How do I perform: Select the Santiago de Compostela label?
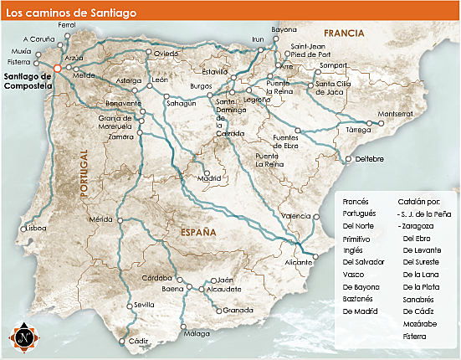tap(28, 82)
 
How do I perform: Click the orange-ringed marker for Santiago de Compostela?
tap(57, 70)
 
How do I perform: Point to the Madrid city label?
tap(209, 178)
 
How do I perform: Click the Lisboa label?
tap(36, 228)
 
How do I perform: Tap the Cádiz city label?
tap(139, 342)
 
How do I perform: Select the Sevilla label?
tap(144, 305)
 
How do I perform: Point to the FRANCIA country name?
tap(346, 33)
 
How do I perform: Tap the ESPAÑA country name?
tap(192, 231)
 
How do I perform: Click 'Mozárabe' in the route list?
tap(418, 323)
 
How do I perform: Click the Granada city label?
tap(238, 311)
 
